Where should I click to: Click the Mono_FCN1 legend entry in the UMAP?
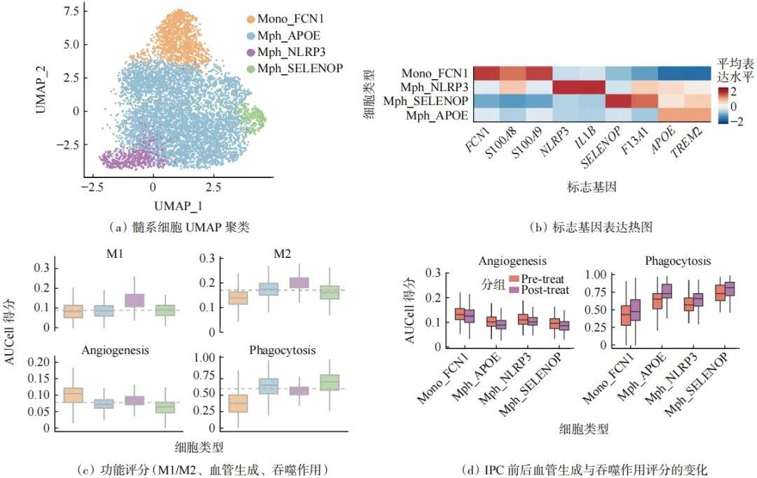pos(285,19)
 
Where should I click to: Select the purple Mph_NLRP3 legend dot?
pos(250,52)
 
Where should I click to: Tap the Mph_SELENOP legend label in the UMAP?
pos(300,69)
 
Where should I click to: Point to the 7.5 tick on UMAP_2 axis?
pos(71,11)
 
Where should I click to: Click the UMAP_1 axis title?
pos(178,205)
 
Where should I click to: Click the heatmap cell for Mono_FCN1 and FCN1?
pos(486,74)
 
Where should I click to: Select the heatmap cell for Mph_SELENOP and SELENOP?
pos(618,101)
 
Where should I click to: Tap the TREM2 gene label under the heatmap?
pos(686,143)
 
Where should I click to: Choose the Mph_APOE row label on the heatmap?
pos(437,116)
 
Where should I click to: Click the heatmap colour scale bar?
pos(723,105)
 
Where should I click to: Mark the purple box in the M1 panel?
pos(134,300)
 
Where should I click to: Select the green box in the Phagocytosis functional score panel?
pos(329,383)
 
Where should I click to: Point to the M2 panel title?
pos(282,254)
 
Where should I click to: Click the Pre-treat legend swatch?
pos(514,279)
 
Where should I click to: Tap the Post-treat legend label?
pos(545,290)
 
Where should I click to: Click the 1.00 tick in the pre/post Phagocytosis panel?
pos(595,274)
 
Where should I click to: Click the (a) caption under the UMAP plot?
pos(179,227)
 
